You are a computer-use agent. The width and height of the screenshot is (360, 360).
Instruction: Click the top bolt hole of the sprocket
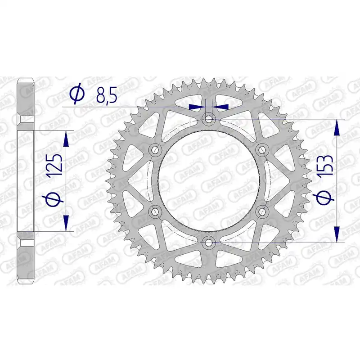(x=208, y=119)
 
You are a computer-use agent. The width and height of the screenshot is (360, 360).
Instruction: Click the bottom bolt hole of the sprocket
(x=208, y=242)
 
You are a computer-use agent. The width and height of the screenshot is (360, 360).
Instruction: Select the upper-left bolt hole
(x=155, y=149)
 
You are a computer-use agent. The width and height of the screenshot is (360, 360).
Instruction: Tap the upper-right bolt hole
(x=261, y=149)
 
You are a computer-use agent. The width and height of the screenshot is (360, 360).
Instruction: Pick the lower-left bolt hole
(x=155, y=211)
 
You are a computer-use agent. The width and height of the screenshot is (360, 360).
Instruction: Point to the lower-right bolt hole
(x=261, y=211)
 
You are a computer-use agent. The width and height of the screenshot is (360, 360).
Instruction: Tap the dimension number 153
(x=325, y=167)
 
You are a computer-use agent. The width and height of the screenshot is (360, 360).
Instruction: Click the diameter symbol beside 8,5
(x=76, y=94)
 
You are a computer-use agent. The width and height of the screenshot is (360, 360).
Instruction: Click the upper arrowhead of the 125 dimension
(x=67, y=139)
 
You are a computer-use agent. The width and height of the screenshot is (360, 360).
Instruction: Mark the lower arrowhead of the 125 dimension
(x=67, y=223)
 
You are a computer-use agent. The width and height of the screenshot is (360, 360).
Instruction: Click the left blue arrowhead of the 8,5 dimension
(x=196, y=107)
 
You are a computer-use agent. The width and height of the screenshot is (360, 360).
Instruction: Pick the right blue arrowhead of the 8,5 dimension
(x=222, y=107)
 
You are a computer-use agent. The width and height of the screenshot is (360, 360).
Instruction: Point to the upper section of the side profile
(x=26, y=97)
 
